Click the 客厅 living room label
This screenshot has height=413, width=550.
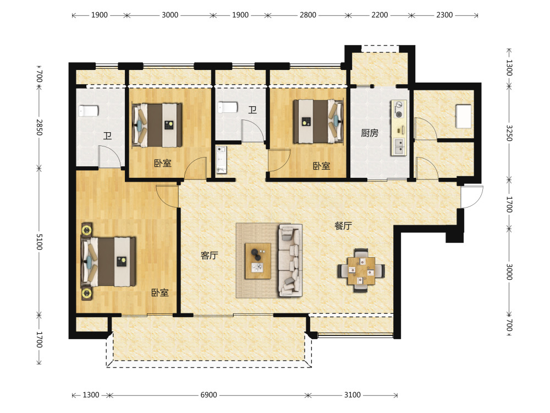pos(210,256)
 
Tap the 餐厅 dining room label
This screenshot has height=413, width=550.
pos(343,226)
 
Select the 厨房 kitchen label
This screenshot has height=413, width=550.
pos(370,133)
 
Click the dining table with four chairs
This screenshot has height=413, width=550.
pos(361,270)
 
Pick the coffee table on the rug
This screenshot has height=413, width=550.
pos(258,261)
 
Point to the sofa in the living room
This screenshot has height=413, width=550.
pos(290,260)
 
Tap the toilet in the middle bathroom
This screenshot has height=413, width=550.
pos(228,107)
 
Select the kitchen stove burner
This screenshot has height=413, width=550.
pos(399,109)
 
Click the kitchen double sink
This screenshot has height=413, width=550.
pos(399,146)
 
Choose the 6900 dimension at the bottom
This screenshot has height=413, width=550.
pos(208,395)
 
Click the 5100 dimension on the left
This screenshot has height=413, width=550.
pos(39,242)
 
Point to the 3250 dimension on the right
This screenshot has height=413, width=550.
pos(509,133)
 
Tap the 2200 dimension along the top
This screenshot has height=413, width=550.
pos(380,15)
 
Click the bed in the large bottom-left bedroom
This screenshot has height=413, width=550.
pos(108,261)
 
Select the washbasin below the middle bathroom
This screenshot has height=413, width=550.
pos(221,160)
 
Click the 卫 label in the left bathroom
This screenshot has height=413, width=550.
pos(107,135)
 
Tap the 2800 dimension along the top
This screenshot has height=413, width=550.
pos(307,15)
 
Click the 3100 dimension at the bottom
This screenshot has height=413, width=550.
pos(352,395)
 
